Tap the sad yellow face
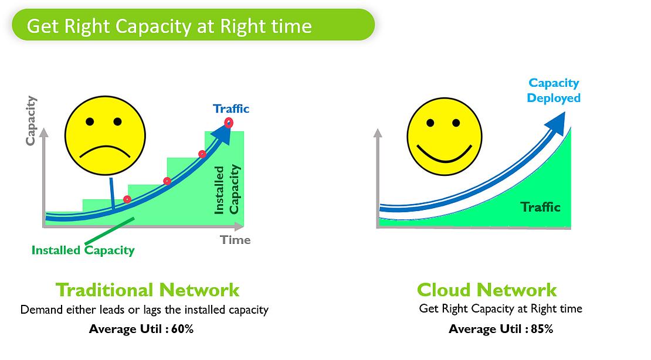[105, 135]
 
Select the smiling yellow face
[444, 136]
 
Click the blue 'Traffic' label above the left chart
[231, 109]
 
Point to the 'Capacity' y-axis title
[30, 121]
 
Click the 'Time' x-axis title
[235, 240]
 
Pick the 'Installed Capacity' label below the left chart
[83, 250]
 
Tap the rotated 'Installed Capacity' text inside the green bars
[227, 190]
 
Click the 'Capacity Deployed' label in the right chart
[554, 90]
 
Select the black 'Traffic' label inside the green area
[541, 207]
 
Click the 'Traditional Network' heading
[147, 290]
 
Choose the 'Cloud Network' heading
[487, 290]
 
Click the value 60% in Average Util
[182, 330]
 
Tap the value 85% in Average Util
[542, 330]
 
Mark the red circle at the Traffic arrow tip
[229, 123]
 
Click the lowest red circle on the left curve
[127, 199]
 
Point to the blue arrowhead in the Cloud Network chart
[556, 123]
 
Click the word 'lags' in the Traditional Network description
[153, 310]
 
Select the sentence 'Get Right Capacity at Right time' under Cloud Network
[501, 309]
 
